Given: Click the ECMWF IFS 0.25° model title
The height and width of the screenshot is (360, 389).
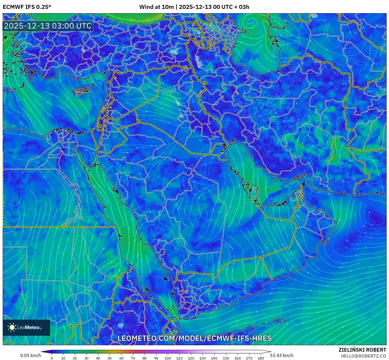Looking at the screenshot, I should click(27, 7).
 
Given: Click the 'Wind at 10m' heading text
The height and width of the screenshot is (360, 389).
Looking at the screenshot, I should click(156, 7).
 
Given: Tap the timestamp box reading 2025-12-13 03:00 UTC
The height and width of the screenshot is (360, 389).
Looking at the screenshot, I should click(48, 26).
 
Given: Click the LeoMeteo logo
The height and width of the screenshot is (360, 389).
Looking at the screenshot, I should click(26, 327).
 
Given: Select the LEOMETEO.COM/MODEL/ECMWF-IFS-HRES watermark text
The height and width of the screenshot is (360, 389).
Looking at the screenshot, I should click(194, 338).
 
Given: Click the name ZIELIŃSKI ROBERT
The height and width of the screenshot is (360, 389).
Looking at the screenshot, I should click(362, 350).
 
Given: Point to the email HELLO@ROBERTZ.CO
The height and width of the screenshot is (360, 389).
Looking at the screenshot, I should click(363, 356).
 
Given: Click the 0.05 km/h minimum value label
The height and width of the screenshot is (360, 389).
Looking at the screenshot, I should click(30, 355).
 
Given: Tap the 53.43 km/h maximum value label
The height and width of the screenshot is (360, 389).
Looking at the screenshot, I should click(282, 355).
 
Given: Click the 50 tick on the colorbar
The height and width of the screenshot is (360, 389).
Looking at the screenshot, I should click(110, 358).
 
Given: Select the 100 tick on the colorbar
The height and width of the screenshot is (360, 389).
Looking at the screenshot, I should click(168, 358).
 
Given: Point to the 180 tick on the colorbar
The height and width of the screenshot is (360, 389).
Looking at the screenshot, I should click(261, 358).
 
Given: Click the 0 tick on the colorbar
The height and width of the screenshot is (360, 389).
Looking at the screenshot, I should click(52, 358).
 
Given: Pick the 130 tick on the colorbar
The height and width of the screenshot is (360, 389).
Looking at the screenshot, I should click(203, 358).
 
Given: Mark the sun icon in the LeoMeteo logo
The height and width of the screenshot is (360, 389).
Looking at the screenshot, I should click(12, 327).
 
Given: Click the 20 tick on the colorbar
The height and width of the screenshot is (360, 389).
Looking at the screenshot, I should click(75, 358).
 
